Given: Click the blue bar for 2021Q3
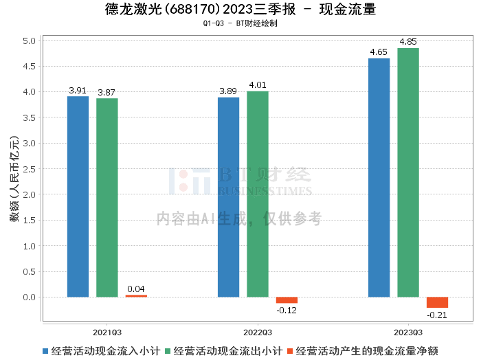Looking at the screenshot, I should click(78, 196).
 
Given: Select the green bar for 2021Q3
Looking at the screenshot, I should click(107, 198).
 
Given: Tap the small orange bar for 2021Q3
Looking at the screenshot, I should click(136, 296).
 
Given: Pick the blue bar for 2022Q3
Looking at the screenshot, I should click(228, 197).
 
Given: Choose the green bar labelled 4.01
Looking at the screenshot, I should click(258, 194).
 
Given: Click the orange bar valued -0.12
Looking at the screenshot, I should click(287, 300).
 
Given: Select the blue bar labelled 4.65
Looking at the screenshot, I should click(379, 177).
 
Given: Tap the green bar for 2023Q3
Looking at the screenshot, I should click(408, 172).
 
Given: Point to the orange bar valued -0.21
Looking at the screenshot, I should click(437, 302).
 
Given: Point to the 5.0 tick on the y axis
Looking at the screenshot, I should click(28, 41).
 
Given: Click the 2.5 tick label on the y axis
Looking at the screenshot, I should click(28, 169).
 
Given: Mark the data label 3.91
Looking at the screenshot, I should click(78, 90).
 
